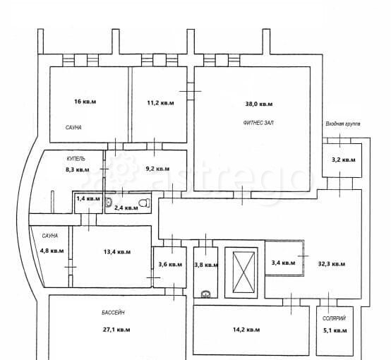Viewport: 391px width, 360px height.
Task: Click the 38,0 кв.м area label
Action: [259, 104]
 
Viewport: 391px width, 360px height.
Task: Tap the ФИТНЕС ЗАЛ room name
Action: [258, 123]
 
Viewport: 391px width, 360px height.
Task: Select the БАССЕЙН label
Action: [113, 313]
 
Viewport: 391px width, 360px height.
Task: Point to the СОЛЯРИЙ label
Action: [334, 318]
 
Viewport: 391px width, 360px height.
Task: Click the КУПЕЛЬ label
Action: [76, 158]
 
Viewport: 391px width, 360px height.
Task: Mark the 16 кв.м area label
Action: [85, 102]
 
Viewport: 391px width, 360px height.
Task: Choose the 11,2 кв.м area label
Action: [160, 103]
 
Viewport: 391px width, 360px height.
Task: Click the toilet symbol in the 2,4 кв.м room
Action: [145, 203]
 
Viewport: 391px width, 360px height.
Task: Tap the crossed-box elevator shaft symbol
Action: [243, 272]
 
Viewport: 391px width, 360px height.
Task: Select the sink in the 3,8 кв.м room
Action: [205, 294]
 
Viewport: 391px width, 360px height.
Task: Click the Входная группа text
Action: [343, 124]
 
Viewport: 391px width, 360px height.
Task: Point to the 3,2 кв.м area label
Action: [344, 160]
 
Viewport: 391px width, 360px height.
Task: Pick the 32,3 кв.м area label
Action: [332, 264]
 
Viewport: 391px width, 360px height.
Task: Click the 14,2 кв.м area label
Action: [246, 330]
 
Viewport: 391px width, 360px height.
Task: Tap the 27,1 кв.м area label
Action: [116, 330]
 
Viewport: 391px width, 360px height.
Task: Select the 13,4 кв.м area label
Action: [117, 252]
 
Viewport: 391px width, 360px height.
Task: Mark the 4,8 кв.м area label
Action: [52, 251]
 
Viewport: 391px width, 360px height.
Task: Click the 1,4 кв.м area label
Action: [88, 198]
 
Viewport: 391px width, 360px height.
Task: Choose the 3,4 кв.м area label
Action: [283, 263]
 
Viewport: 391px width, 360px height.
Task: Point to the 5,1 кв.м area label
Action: [335, 330]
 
